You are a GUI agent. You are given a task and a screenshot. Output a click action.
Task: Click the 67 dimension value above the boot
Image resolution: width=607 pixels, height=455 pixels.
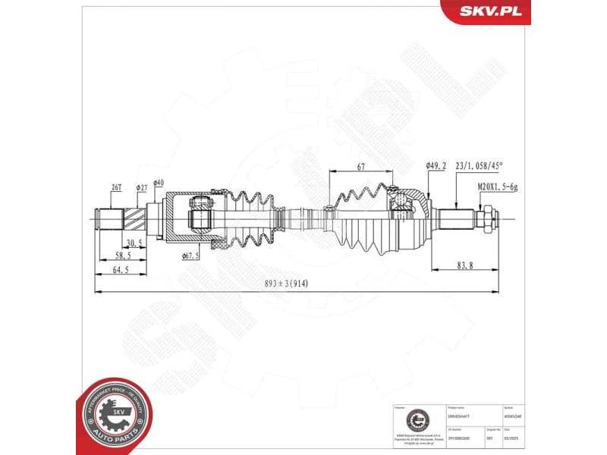coord(361,167)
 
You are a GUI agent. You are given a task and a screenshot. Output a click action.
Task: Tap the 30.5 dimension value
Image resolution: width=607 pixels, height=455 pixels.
coord(134,243)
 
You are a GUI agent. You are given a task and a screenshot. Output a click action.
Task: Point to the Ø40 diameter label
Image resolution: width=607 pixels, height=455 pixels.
coord(159,183)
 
